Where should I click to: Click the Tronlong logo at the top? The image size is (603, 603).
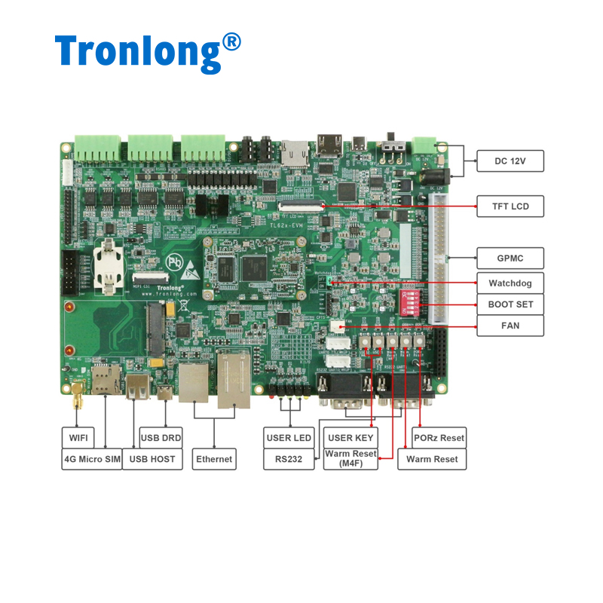[x=148, y=51]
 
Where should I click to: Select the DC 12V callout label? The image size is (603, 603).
[x=510, y=161]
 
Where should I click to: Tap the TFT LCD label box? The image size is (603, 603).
[x=510, y=206]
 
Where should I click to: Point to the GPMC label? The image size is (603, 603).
[x=510, y=258]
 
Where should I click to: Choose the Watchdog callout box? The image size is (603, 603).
[x=510, y=283]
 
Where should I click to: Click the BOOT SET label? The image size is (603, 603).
[x=510, y=305]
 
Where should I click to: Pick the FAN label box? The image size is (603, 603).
[x=510, y=326]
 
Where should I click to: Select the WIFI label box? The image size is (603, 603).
[x=78, y=437]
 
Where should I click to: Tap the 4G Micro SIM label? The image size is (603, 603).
[x=92, y=459]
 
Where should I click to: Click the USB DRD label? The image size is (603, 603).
[x=161, y=437]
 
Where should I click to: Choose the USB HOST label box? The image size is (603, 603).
[x=152, y=459]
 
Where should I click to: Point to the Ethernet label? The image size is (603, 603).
[x=214, y=459]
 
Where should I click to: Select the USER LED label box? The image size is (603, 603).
[x=289, y=437]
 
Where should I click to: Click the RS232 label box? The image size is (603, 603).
[x=289, y=459]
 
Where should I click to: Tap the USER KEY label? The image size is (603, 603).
[x=350, y=437]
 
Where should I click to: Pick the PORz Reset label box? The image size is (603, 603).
[x=439, y=437]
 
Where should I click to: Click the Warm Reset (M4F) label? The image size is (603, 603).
[x=350, y=459]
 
